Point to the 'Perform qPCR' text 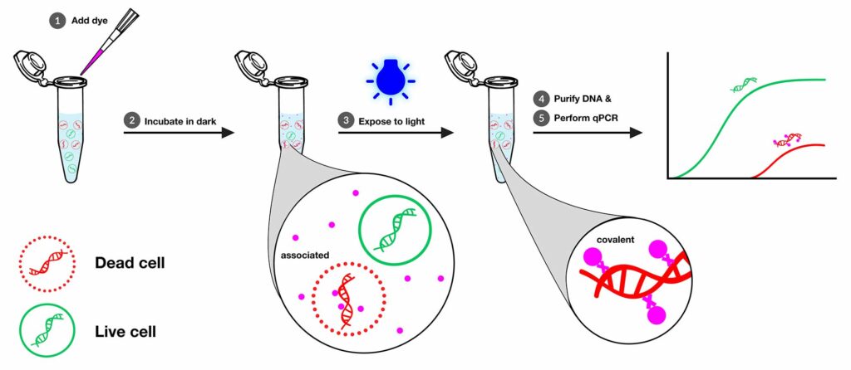point(585,119)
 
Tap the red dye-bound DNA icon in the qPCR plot point(789,138)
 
